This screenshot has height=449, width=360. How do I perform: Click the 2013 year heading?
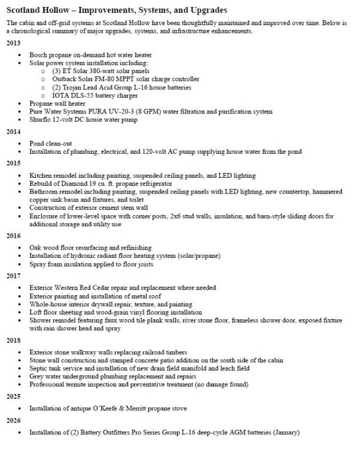coord(14,43)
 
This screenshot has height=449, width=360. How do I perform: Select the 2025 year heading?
coord(14,396)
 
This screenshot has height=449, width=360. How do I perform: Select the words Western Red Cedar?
coord(80,288)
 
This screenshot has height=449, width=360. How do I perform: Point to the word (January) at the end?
coord(283,433)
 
